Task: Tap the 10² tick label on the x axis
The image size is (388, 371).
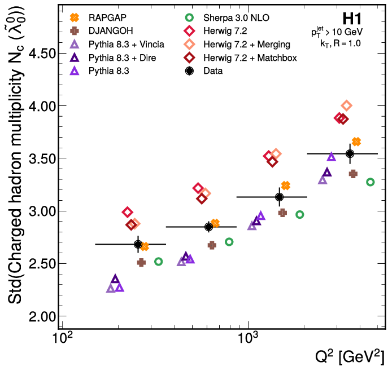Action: [x=63, y=338]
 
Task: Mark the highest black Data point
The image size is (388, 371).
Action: [x=350, y=153]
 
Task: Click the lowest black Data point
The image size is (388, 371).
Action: [x=138, y=244]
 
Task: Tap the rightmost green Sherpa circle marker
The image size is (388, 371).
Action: [x=370, y=182]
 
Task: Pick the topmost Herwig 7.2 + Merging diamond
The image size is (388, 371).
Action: [x=347, y=105]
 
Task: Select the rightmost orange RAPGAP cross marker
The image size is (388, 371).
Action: [x=356, y=142]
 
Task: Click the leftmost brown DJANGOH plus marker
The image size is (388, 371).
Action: [x=141, y=263]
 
